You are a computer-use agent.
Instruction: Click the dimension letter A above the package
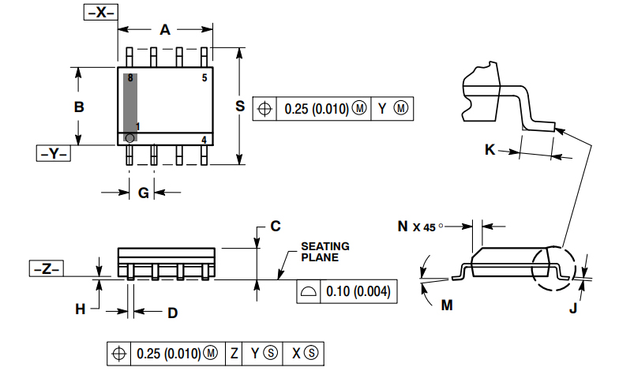click(x=165, y=30)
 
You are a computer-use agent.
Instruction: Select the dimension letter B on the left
click(x=79, y=107)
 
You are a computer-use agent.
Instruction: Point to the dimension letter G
click(x=143, y=193)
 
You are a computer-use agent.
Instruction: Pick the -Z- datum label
click(x=47, y=269)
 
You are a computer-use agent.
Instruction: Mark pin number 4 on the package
click(x=204, y=140)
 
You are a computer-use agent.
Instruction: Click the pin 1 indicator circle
click(x=129, y=138)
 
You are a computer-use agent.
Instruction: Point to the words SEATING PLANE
click(x=325, y=252)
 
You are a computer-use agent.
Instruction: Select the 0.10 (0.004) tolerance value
click(x=358, y=292)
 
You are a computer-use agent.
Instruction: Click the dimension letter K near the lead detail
click(x=490, y=149)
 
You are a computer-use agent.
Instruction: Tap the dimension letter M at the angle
click(x=447, y=305)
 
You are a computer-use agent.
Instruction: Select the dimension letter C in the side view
click(x=275, y=227)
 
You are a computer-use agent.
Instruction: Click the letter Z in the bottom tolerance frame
click(x=234, y=353)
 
